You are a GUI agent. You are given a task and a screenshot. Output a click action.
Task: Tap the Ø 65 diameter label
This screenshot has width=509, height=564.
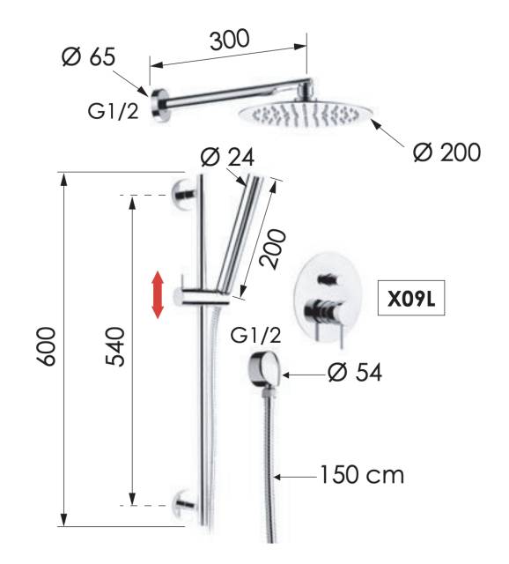click(89, 56)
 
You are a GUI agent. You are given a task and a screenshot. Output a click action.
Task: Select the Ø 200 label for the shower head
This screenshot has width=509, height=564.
click(446, 152)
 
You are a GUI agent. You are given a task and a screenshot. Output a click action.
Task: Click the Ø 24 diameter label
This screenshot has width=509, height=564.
click(227, 157)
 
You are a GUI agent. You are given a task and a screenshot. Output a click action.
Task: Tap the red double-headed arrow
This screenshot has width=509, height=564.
click(158, 295)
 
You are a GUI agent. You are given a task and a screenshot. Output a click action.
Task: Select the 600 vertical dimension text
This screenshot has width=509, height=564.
click(47, 346)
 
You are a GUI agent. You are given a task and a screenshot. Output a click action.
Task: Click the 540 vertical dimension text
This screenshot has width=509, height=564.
click(115, 346)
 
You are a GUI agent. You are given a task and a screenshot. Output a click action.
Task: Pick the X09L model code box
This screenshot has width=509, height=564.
click(411, 298)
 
